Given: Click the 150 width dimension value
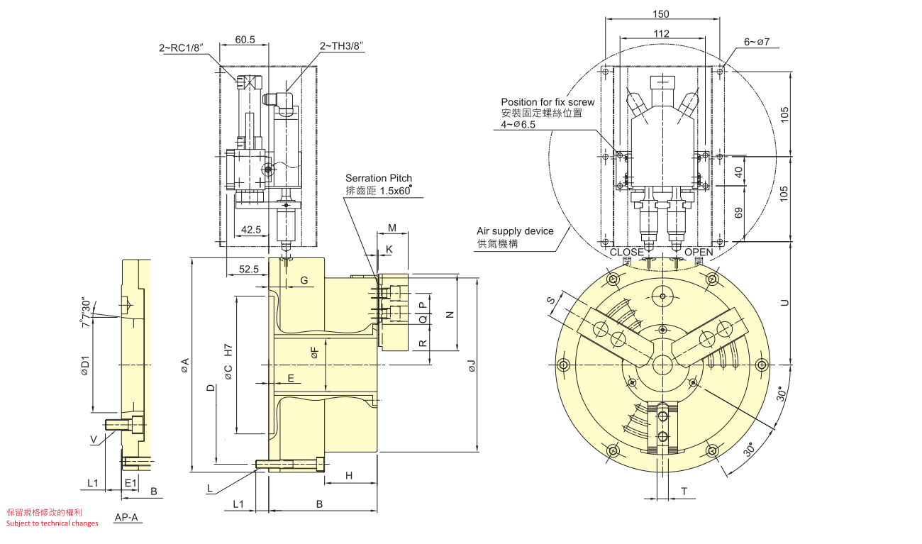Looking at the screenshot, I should pyautogui.click(x=661, y=14).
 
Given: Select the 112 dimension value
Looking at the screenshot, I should pyautogui.click(x=661, y=33).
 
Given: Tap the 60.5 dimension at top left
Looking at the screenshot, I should pyautogui.click(x=245, y=40).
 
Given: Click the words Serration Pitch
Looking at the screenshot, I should pyautogui.click(x=379, y=178).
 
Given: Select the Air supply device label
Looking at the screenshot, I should pyautogui.click(x=515, y=231).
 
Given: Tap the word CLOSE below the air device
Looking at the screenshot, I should pyautogui.click(x=627, y=252).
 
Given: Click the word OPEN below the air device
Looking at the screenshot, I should pyautogui.click(x=699, y=252).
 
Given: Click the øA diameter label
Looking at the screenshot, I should pyautogui.click(x=185, y=365).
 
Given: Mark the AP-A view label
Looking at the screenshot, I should pyautogui.click(x=126, y=517).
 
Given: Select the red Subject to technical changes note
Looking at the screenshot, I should pyautogui.click(x=52, y=523).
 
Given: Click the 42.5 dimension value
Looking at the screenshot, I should pyautogui.click(x=250, y=230).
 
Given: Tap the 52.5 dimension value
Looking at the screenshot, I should pyautogui.click(x=249, y=269).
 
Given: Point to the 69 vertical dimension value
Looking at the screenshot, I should pyautogui.click(x=739, y=213).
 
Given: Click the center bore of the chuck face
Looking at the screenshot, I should pyautogui.click(x=662, y=365).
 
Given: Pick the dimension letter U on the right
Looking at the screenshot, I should pyautogui.click(x=784, y=303).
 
